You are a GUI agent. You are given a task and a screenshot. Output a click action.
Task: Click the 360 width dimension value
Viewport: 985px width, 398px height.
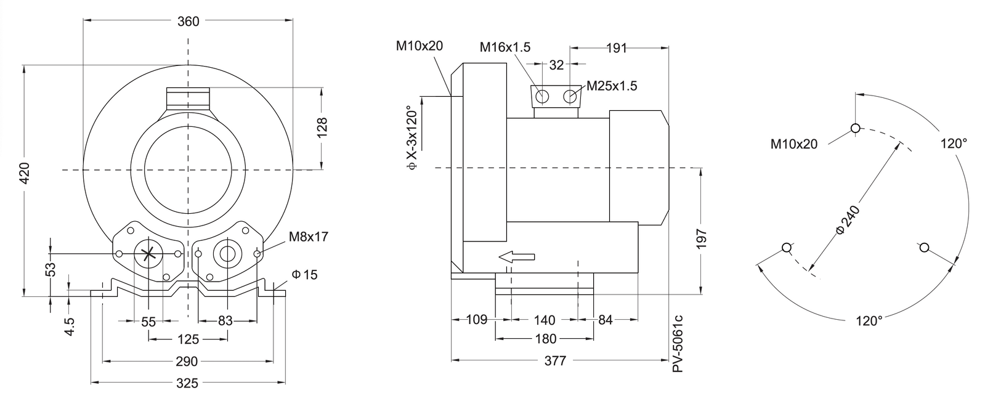[188, 21]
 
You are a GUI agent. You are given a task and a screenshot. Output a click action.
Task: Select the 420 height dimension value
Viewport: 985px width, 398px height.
[25, 173]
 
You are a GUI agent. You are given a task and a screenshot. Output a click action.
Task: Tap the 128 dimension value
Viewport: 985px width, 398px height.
[322, 128]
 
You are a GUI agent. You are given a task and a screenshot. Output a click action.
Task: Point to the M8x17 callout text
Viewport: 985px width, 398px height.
[308, 237]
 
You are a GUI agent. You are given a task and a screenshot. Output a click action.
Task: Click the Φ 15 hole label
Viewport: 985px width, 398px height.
[304, 274]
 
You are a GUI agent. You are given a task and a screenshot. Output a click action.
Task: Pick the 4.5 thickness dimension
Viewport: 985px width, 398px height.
[70, 327]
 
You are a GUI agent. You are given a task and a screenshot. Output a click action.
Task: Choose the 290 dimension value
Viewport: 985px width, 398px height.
[187, 362]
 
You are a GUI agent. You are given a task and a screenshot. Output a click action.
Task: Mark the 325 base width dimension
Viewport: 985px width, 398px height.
[187, 383]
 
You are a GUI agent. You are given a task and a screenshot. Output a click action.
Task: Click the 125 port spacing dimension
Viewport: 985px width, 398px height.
[188, 339]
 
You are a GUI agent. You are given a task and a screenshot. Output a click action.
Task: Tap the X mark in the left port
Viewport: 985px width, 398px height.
[148, 254]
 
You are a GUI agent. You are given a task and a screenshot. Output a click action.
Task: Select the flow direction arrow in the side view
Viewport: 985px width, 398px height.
[517, 257]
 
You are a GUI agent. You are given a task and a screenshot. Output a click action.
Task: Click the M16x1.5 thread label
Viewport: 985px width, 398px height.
[505, 47]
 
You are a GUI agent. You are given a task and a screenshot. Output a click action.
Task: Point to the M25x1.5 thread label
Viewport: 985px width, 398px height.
[612, 86]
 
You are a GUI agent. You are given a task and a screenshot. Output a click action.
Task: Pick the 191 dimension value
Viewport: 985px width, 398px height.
[617, 48]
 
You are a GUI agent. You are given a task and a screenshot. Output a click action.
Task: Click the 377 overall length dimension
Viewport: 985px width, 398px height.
[556, 361]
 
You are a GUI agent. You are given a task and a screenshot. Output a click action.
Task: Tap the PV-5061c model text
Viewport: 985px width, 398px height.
[678, 343]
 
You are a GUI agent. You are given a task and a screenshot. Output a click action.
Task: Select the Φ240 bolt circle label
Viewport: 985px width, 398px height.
[847, 219]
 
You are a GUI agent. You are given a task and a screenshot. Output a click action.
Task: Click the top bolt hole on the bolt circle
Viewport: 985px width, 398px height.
[855, 128]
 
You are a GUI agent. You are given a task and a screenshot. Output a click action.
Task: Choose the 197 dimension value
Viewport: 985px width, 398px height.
[702, 239]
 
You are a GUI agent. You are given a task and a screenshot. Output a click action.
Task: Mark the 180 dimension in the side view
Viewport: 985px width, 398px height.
[545, 339]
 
